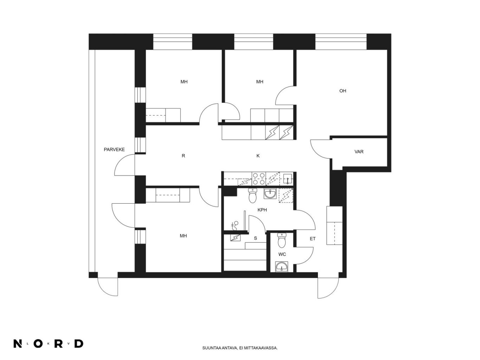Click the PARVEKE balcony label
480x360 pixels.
[114, 150]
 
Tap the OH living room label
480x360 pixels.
[343, 91]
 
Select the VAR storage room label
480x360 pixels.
[359, 151]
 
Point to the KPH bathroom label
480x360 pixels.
[262, 210]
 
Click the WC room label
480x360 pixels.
[282, 254]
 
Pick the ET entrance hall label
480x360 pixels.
[313, 239]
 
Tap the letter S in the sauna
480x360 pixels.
[255, 238]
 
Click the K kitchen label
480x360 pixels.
[258, 156]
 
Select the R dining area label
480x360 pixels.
[183, 156]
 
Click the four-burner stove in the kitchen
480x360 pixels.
[259, 179]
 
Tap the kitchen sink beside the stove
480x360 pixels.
[288, 178]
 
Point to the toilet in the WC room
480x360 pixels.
[282, 240]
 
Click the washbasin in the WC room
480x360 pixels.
[282, 267]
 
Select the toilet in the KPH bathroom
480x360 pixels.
[253, 196]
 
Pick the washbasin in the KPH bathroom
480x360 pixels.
[270, 194]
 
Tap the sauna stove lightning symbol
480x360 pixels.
[235, 237]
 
